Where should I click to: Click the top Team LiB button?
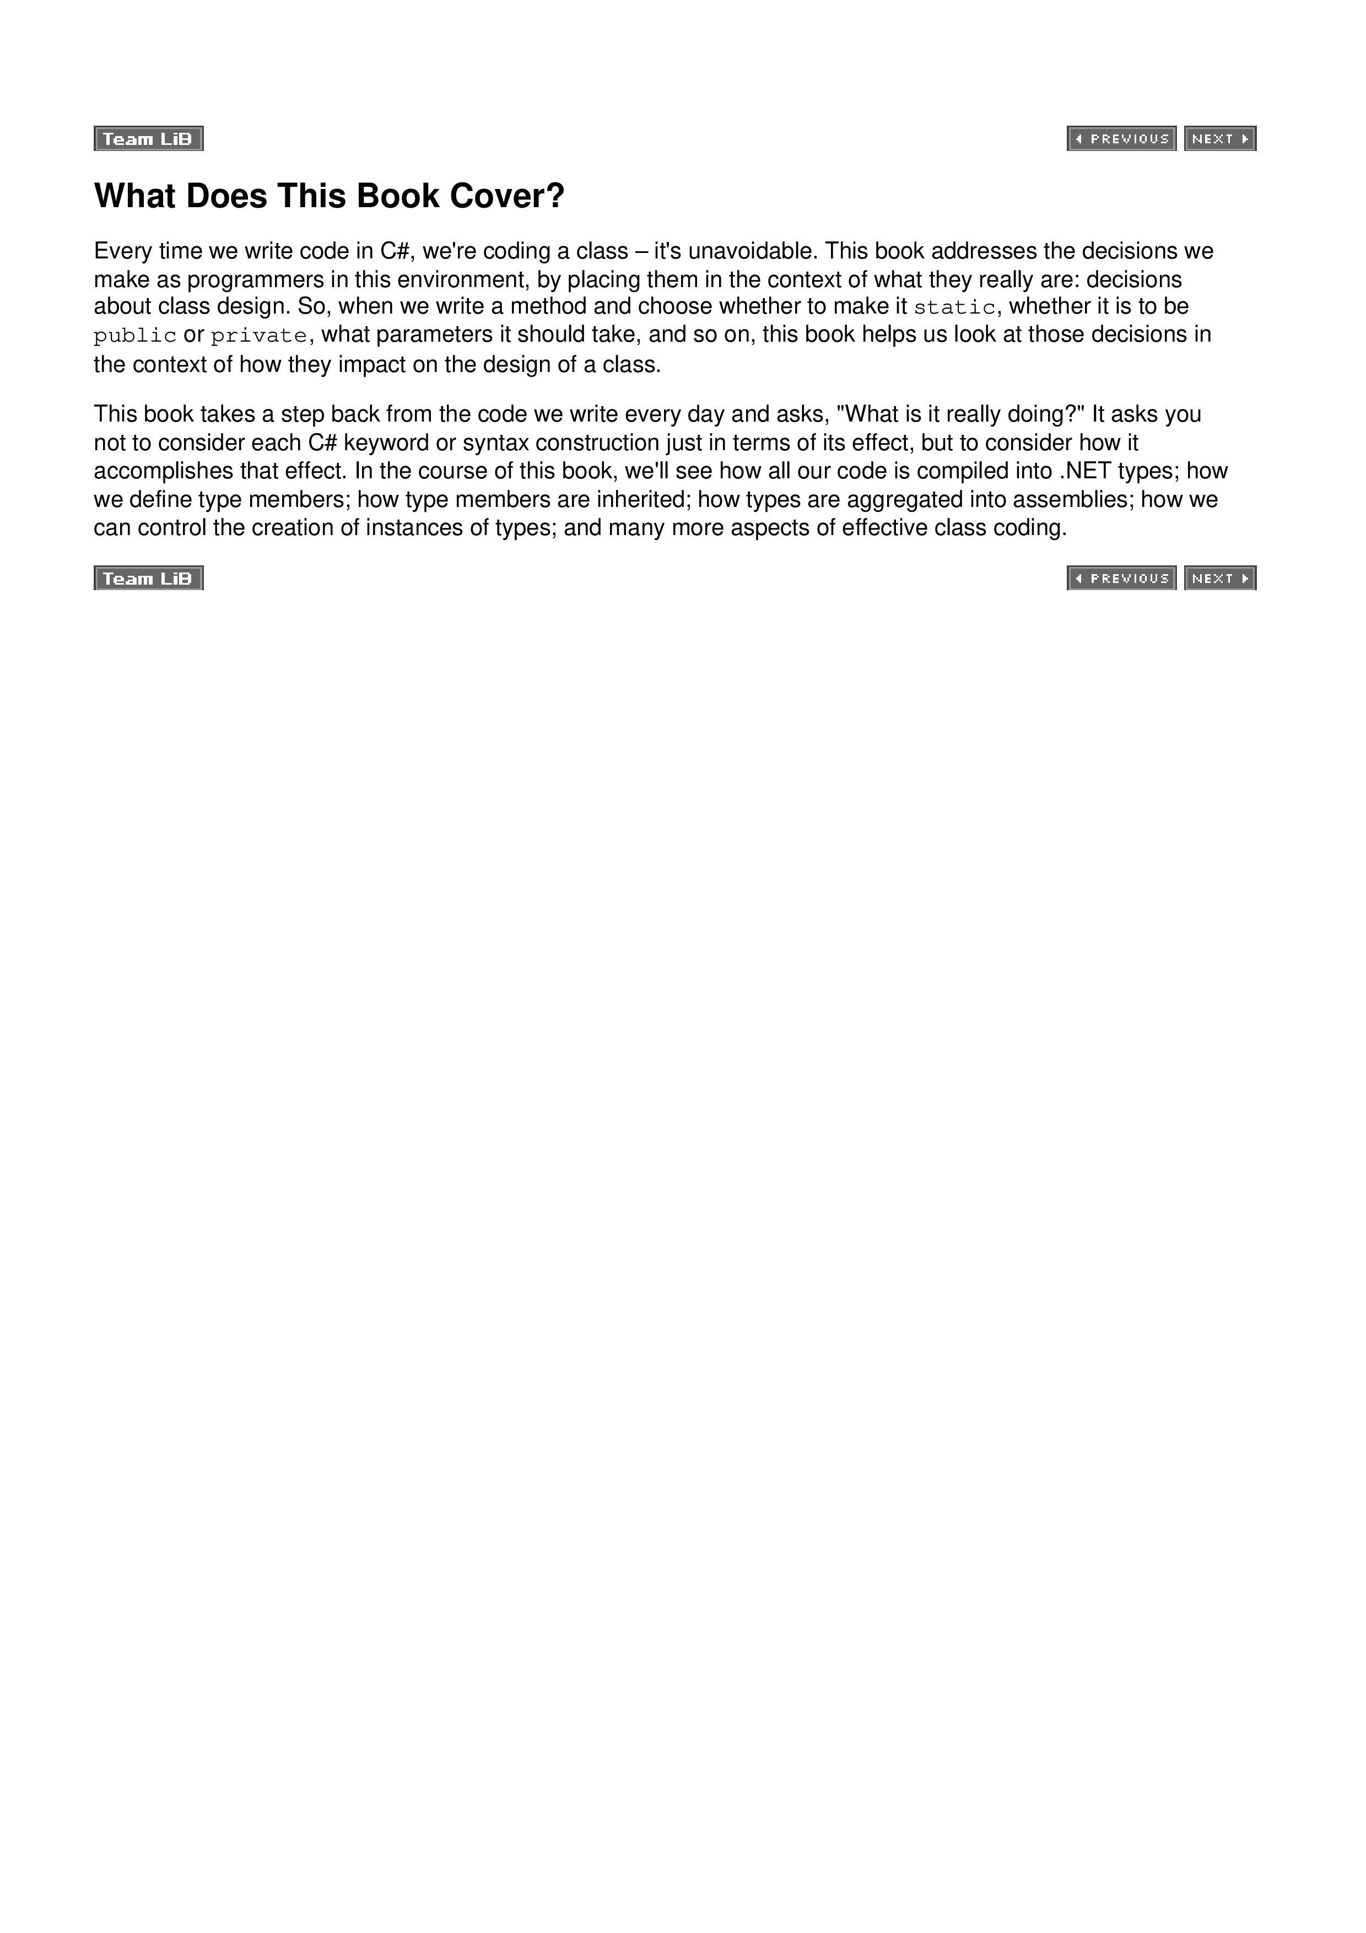[148, 139]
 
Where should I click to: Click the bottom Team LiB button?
[148, 579]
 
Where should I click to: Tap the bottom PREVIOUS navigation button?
[1121, 579]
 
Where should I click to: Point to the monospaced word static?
[954, 308]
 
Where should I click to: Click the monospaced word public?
[134, 336]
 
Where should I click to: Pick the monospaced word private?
[259, 336]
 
